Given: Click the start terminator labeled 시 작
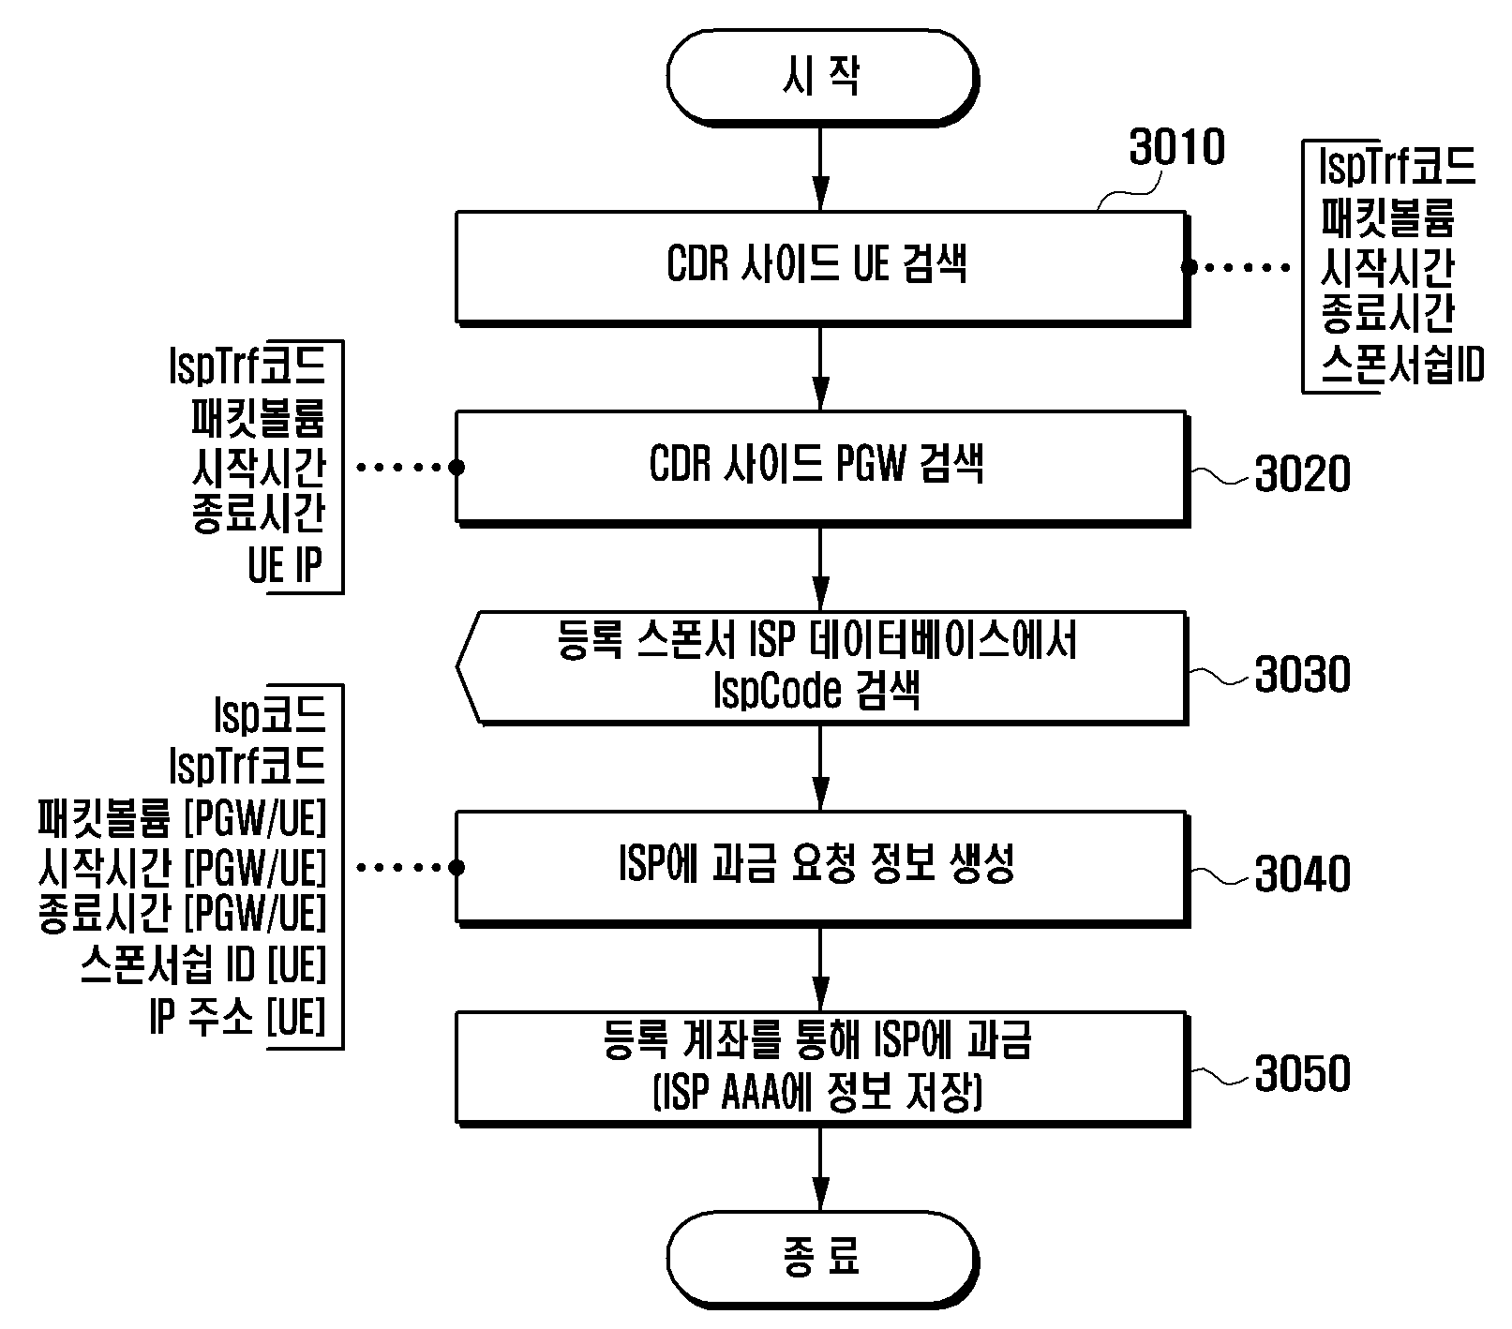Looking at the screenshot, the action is pyautogui.click(x=820, y=76).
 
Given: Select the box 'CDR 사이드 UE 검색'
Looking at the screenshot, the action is pyautogui.click(x=821, y=268).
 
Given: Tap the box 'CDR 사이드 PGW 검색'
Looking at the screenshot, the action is pyautogui.click(x=821, y=466).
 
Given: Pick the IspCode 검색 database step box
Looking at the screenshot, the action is pyautogui.click(x=821, y=667).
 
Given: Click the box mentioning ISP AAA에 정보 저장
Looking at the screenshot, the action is pyautogui.click(x=821, y=1068).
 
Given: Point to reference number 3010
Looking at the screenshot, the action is pyautogui.click(x=1176, y=148).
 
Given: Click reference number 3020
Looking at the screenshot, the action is pyautogui.click(x=1302, y=474).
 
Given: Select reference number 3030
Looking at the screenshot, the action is pyautogui.click(x=1302, y=675).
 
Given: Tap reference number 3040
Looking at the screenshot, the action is pyautogui.click(x=1302, y=874).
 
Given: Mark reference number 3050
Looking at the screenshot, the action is pyautogui.click(x=1302, y=1074).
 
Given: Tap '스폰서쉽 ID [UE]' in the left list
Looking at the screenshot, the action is pyautogui.click(x=202, y=965).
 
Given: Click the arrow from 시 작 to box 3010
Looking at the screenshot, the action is pyautogui.click(x=820, y=168).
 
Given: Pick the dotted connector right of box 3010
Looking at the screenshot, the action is pyautogui.click(x=1238, y=268).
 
